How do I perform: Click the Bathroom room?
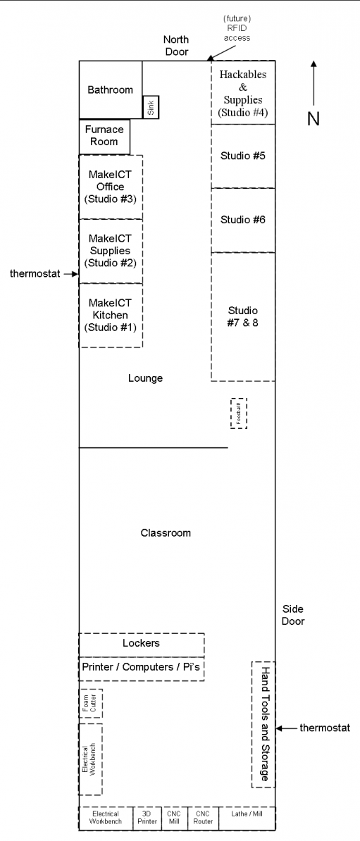pos(111,89)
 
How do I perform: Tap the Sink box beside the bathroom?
pos(151,107)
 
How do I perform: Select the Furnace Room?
pos(105,136)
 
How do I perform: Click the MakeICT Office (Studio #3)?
pos(111,187)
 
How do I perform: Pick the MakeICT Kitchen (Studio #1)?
pos(111,316)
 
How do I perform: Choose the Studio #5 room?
pos(243,156)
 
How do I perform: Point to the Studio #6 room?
pos(243,220)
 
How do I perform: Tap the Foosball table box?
pos(239,413)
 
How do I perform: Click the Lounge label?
pos(145,378)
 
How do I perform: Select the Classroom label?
pos(166,532)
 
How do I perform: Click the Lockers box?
pos(142,644)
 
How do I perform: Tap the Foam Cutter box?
pos(91,703)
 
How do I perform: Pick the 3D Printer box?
pos(147,817)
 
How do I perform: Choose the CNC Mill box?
pos(175,817)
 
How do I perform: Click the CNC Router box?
pos(204,817)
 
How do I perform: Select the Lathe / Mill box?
pos(247,817)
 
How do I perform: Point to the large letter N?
pos(314,118)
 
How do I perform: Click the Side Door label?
pos(293,615)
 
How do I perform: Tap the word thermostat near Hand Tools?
pos(325,728)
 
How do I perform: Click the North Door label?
pos(176,46)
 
